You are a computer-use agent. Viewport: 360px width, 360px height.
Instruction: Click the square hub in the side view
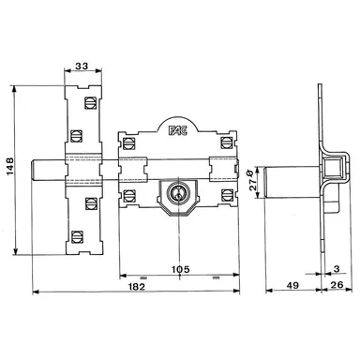329,169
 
